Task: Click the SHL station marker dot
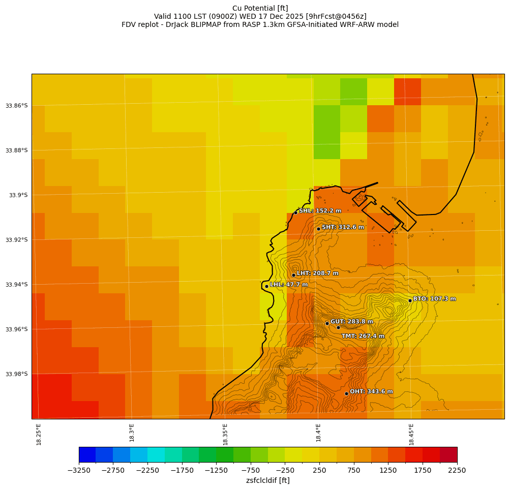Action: [295, 212]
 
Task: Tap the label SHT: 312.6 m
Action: [343, 227]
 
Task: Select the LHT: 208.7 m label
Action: [317, 273]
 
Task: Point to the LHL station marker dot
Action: [266, 286]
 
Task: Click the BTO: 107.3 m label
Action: [434, 299]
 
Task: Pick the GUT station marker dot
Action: [327, 323]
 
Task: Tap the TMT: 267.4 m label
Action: [363, 336]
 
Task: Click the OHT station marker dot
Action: [346, 393]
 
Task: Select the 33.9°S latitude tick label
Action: [19, 195]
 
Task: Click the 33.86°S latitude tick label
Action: [17, 106]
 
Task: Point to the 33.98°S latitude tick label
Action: [17, 374]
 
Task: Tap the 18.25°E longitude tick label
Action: [39, 435]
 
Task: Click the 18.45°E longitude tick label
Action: [411, 435]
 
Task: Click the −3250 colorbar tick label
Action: [79, 471]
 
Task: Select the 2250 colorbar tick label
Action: [457, 471]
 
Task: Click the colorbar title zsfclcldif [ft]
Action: [267, 480]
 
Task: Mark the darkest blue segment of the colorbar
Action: [87, 454]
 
